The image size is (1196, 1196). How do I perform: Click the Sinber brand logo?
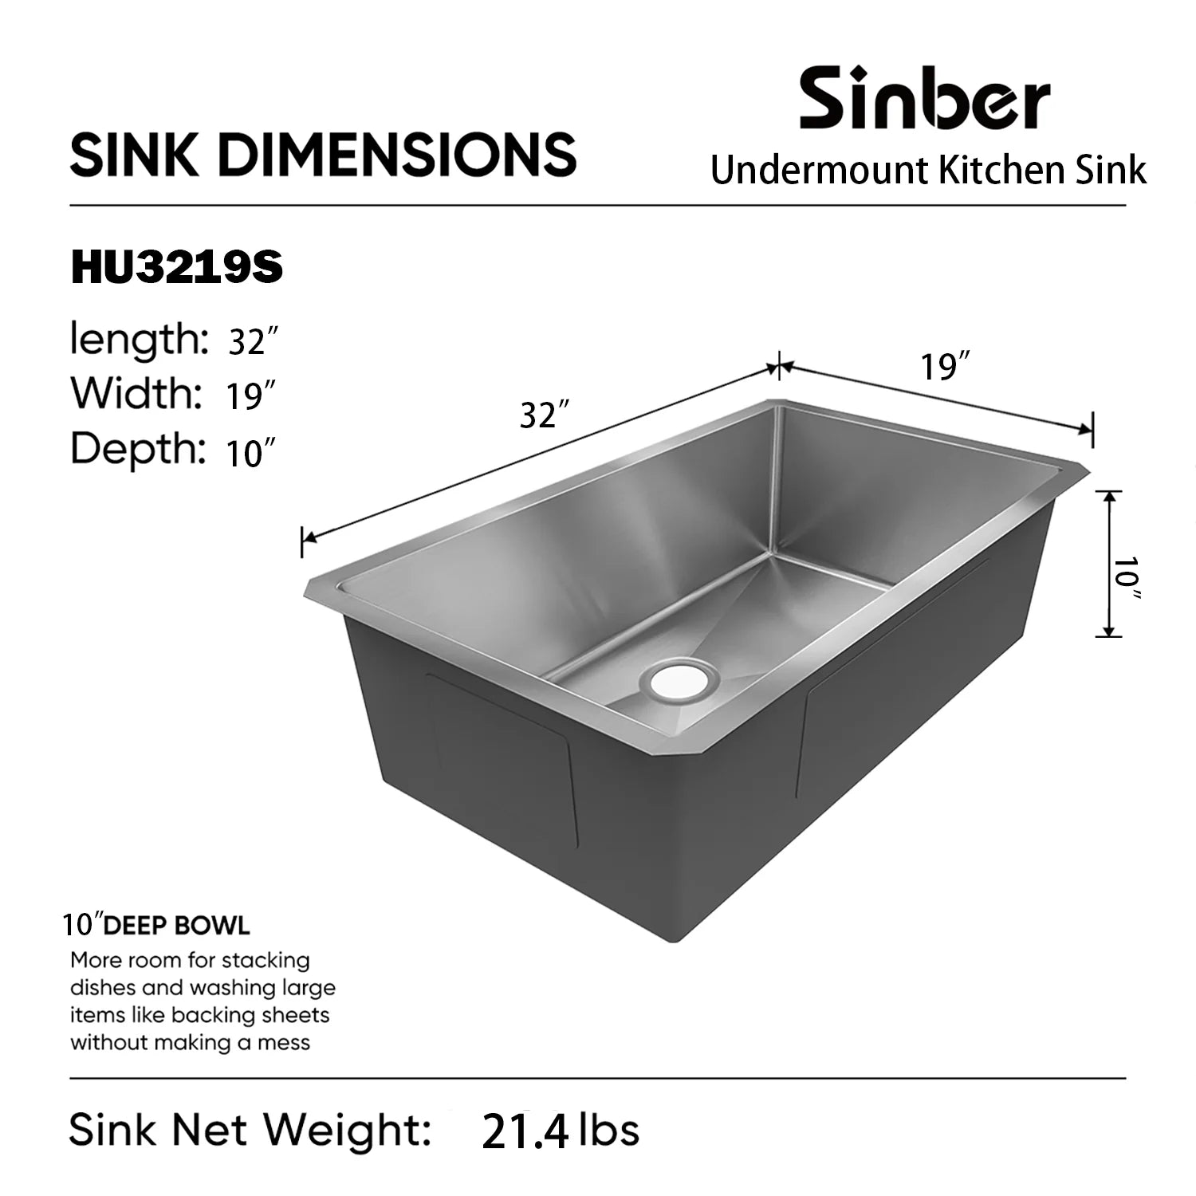[924, 99]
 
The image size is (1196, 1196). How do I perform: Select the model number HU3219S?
[177, 268]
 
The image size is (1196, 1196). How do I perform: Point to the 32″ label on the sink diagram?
[545, 415]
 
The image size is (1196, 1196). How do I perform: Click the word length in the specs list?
[137, 340]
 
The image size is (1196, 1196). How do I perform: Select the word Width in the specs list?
[135, 393]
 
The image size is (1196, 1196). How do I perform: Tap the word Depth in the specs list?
[137, 448]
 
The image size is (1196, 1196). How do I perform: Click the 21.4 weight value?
[525, 1132]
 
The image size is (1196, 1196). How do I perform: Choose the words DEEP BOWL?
[177, 926]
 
